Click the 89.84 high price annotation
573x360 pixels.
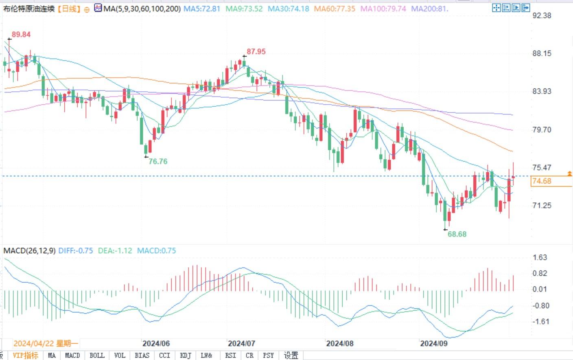[x=21, y=35]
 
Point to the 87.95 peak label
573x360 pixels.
[x=256, y=52]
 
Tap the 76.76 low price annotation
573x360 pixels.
[x=158, y=161]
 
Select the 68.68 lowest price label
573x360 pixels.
[x=457, y=234]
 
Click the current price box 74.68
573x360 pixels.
[x=542, y=181]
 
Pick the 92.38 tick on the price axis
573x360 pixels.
[x=542, y=15]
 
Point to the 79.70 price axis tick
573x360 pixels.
[x=542, y=130]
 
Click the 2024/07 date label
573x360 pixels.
[x=241, y=344]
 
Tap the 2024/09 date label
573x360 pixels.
[x=433, y=344]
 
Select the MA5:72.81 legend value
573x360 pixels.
[x=201, y=9]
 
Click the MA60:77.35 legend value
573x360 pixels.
[x=335, y=9]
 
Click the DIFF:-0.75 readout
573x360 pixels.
[x=76, y=251]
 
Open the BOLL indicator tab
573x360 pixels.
[x=97, y=356]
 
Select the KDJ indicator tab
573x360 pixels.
[x=186, y=356]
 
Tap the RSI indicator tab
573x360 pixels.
[x=230, y=356]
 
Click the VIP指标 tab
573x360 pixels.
[x=25, y=356]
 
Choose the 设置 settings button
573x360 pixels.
[x=291, y=356]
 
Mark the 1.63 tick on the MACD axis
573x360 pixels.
[x=540, y=257]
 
